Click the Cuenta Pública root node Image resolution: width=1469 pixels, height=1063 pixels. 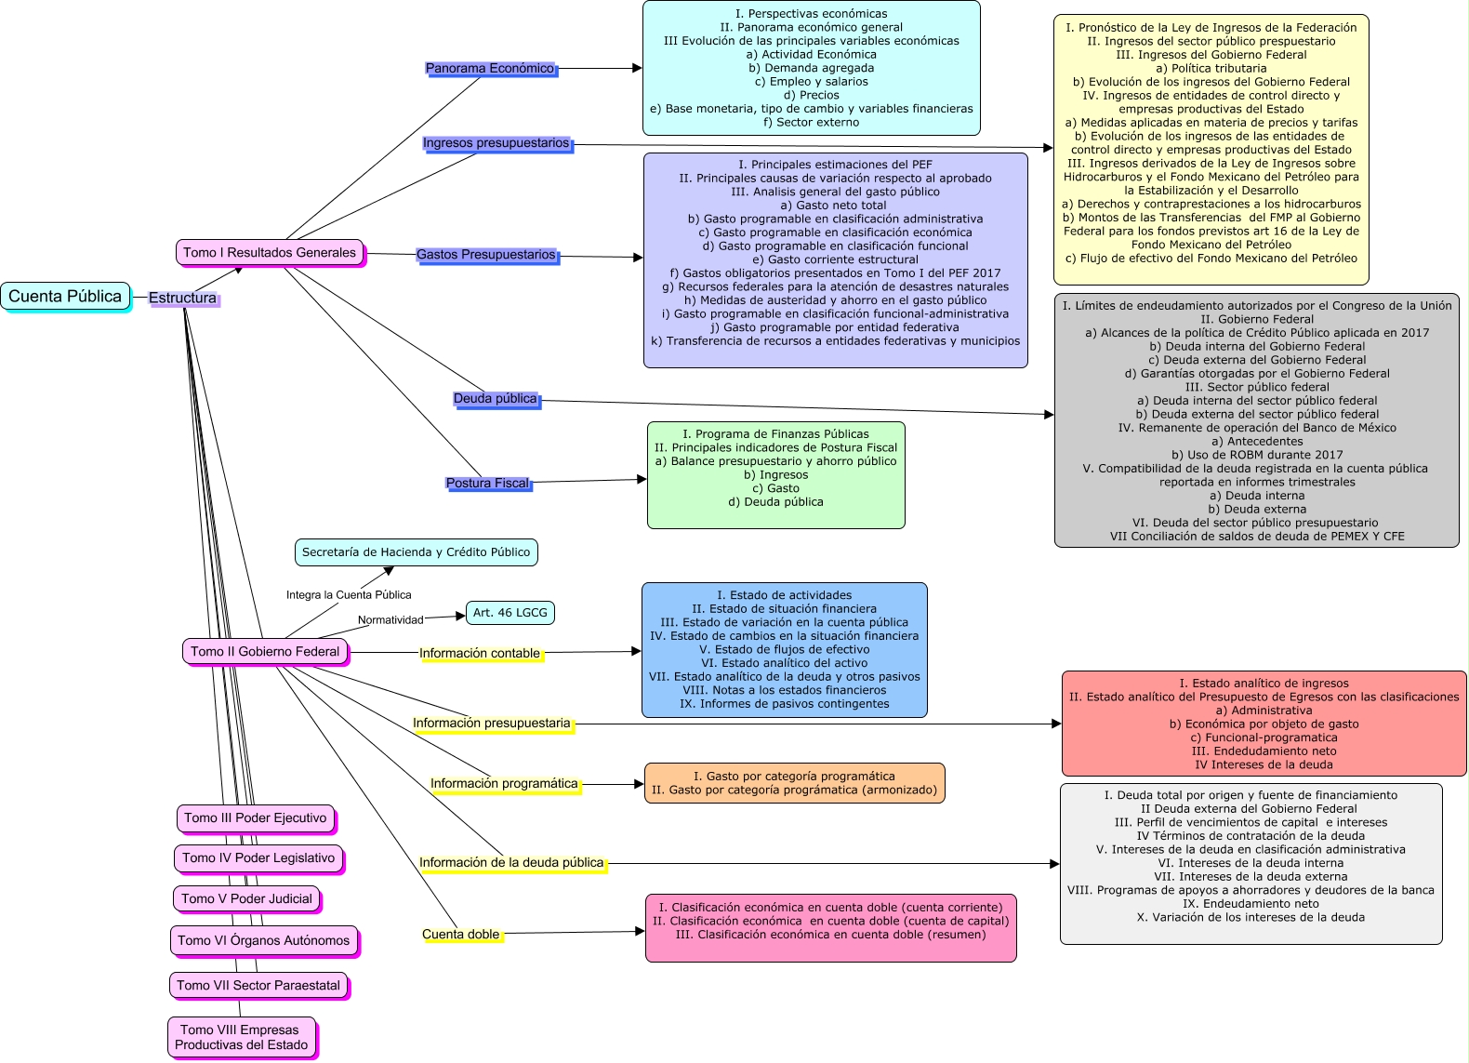65,297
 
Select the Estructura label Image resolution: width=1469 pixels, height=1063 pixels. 182,299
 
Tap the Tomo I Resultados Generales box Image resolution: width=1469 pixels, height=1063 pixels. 270,253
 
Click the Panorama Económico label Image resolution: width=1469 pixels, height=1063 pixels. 490,69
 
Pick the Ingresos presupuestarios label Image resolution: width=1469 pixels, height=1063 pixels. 496,143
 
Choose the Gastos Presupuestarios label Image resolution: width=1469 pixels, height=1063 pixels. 486,255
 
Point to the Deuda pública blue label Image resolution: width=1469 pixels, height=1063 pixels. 496,399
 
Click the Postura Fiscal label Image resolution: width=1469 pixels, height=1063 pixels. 487,484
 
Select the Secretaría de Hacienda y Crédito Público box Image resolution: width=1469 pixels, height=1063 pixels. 416,552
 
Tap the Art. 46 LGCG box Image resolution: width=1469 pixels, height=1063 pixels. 510,613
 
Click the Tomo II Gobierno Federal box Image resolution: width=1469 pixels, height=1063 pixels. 265,652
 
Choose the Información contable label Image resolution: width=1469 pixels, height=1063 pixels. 480,654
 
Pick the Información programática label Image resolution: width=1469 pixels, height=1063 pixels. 504,784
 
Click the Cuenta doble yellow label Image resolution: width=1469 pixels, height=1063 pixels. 461,935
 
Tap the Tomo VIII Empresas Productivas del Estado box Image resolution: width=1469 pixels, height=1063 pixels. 242,1037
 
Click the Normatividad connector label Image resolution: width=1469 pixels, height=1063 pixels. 390,620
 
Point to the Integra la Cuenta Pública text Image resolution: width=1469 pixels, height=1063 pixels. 349,595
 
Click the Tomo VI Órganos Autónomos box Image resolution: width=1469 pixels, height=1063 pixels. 264,941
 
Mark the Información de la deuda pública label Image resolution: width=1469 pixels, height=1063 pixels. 511,863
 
